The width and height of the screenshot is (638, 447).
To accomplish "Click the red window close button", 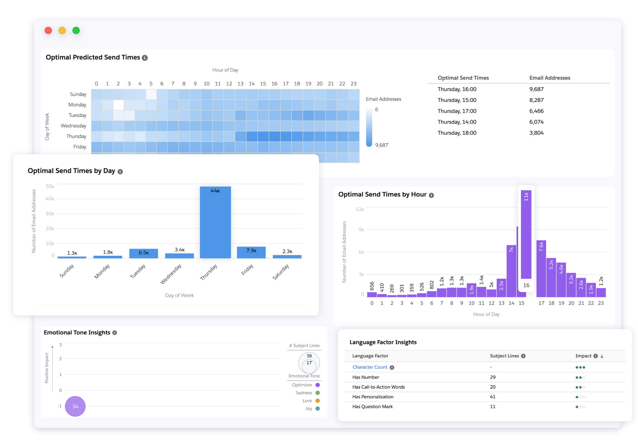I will click(48, 31).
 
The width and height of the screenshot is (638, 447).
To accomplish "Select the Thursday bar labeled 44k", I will click(215, 222).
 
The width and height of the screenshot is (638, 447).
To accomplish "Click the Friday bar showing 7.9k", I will click(251, 252).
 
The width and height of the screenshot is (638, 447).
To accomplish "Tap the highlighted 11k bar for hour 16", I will click(526, 235).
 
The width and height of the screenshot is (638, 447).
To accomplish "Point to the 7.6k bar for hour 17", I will click(541, 268).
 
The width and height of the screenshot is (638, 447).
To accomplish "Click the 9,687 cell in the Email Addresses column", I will click(536, 89).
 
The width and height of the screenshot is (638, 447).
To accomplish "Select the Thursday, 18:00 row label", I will click(457, 133).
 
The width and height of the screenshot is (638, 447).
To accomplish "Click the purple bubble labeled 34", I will click(75, 406).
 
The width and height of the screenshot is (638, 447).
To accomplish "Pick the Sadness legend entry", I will click(304, 393).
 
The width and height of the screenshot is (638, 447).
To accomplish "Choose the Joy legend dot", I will click(317, 408).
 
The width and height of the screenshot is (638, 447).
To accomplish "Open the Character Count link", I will click(370, 367).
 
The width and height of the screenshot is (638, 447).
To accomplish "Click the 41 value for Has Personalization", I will click(493, 397).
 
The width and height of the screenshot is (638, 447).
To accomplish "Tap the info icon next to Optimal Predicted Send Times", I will click(145, 58).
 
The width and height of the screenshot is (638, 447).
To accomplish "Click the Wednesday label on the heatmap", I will click(73, 126).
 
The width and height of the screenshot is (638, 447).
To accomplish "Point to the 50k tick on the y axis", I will click(50, 186).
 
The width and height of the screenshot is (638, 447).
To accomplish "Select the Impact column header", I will click(583, 356).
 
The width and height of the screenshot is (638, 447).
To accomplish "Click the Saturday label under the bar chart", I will click(281, 272).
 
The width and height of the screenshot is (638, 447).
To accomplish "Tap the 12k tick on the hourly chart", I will click(360, 209).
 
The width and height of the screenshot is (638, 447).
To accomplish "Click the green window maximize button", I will click(76, 31).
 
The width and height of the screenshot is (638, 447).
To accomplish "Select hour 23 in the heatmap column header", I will click(353, 84).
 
